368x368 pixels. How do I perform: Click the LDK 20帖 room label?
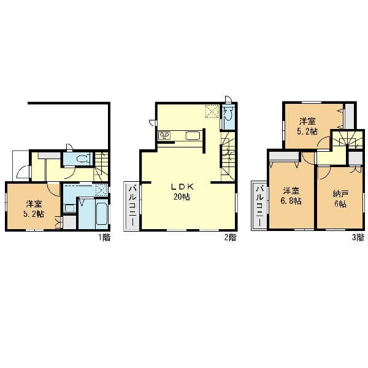[182, 192]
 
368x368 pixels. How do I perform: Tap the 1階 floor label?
[104, 238]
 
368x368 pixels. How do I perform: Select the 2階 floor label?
[230, 238]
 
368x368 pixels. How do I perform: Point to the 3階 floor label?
[358, 238]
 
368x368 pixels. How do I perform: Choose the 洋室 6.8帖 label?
[291, 196]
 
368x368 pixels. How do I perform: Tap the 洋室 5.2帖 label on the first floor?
[34, 209]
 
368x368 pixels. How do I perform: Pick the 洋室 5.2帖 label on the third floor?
[307, 127]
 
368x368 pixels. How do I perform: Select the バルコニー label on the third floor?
[260, 205]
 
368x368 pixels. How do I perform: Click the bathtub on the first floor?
[102, 214]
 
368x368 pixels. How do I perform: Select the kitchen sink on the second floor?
[193, 136]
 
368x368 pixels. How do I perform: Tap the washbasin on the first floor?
[69, 208]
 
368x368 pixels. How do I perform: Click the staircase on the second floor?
[228, 156]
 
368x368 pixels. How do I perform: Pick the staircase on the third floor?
[347, 139]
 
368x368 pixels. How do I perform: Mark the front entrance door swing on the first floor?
[23, 172]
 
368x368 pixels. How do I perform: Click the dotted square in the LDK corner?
[212, 111]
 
